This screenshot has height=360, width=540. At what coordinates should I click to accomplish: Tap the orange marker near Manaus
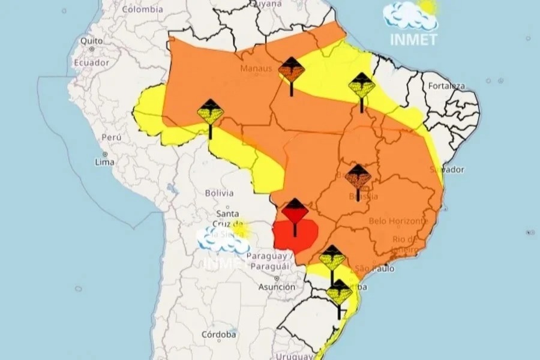tap(292, 71)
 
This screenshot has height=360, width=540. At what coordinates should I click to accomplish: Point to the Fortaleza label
tap(446, 86)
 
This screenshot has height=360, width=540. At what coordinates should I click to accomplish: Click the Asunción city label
tap(277, 287)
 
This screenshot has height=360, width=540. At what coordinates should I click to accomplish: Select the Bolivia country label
tap(219, 193)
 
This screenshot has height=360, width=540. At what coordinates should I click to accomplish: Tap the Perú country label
tap(112, 137)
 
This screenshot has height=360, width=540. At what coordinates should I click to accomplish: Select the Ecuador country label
tap(91, 63)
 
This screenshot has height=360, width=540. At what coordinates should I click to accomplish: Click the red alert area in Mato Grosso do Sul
tap(294, 237)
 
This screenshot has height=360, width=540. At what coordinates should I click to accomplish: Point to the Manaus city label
tap(256, 68)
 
